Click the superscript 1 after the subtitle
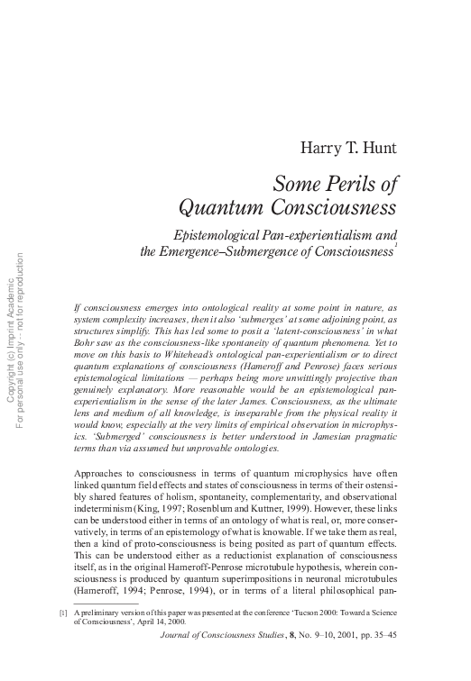pyautogui.click(x=395, y=246)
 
